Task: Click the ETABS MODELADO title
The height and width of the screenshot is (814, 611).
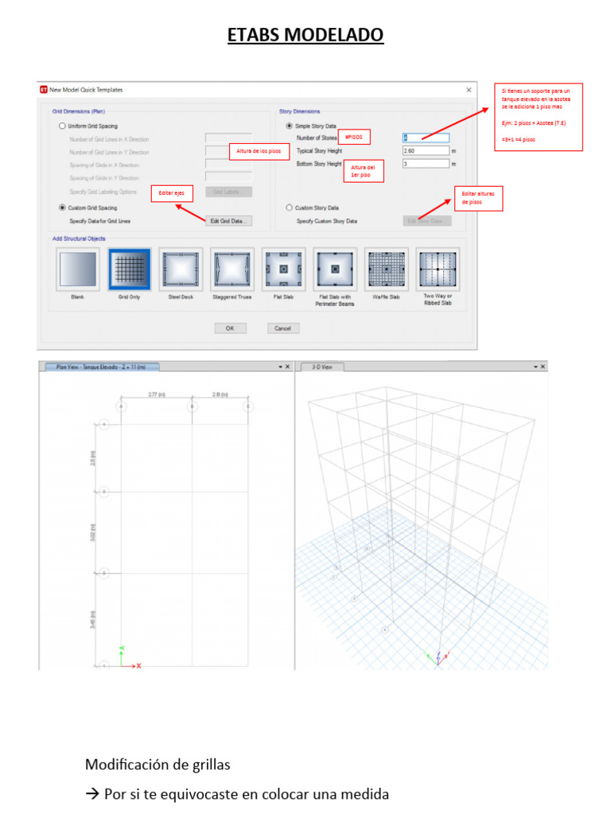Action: point(305,35)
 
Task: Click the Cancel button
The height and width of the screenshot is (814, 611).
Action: point(282,328)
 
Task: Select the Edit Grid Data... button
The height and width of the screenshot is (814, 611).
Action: point(228,220)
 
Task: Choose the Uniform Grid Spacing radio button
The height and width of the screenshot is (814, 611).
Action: point(62,126)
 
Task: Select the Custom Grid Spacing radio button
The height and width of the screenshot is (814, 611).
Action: point(62,207)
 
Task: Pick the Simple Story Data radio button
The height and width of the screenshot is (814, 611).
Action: point(289,126)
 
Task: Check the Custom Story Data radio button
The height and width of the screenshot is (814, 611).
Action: point(289,207)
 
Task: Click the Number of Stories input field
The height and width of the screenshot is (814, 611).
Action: point(426,138)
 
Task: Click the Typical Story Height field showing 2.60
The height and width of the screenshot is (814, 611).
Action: point(426,150)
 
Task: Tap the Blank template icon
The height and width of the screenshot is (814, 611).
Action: point(78,269)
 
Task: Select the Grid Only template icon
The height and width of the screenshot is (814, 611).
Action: point(129,269)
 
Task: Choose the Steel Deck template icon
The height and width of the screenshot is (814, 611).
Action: point(181,269)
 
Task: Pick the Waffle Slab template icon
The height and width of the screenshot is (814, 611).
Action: point(386,269)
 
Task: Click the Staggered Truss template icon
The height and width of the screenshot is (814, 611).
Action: point(232,269)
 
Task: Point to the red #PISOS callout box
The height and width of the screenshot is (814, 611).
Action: point(353,137)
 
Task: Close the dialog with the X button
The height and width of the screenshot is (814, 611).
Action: point(468,90)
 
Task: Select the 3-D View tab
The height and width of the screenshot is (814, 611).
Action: point(322,366)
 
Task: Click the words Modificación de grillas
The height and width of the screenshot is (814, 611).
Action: point(158,765)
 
